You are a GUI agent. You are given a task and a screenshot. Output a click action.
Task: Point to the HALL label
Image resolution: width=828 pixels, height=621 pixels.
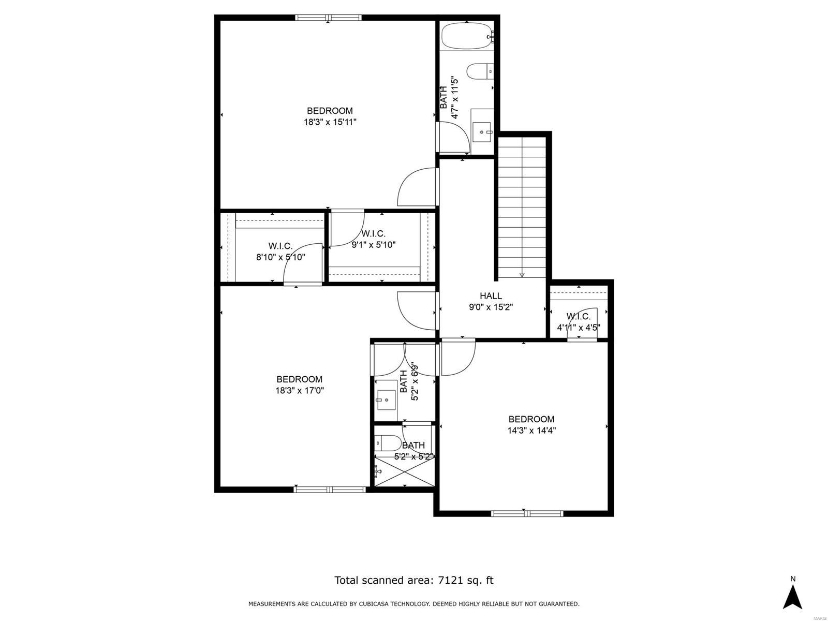point(491,296)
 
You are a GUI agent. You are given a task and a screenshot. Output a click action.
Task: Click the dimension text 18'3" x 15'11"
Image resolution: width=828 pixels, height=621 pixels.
point(330,122)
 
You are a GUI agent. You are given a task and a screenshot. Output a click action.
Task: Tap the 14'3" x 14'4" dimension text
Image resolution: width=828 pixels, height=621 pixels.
point(531,430)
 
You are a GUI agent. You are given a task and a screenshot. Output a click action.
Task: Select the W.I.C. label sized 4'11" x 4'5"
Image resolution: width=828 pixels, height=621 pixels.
point(578,316)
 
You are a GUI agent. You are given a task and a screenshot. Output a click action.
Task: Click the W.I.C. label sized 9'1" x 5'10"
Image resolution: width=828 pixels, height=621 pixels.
point(373,234)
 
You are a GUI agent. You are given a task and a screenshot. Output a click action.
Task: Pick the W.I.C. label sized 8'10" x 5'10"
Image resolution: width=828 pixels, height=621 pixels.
point(280,246)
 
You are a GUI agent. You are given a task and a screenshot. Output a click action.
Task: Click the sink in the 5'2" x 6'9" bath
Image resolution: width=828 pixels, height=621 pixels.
point(386,399)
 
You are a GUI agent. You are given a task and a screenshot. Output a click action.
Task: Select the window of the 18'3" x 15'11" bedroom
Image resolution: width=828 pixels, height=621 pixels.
point(328,18)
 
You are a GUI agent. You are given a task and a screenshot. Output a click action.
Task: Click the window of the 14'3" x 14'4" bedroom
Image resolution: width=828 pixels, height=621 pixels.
point(526,513)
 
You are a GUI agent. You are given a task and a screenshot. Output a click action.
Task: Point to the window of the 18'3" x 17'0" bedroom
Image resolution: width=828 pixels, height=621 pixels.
point(329,489)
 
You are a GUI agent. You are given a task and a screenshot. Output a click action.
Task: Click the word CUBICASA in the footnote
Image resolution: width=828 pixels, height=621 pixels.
point(380,604)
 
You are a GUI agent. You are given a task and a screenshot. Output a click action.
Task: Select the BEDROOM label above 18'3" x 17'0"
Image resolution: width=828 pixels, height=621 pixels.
point(299,379)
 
